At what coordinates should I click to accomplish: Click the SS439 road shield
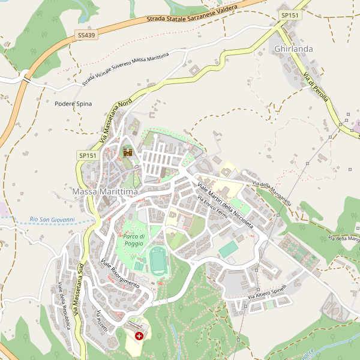[x=86, y=36]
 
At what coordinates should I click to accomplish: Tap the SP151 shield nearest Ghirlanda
[x=290, y=14]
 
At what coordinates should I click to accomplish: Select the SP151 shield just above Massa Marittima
[x=87, y=155]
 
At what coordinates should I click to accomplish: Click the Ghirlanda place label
[x=294, y=48]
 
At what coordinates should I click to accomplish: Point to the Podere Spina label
[x=73, y=104]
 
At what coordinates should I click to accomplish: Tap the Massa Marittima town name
[x=105, y=191]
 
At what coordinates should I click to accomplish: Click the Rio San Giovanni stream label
[x=52, y=220]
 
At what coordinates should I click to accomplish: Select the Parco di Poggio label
[x=134, y=240]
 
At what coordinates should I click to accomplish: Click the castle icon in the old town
[x=127, y=152]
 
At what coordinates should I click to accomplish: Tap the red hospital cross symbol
[x=140, y=337]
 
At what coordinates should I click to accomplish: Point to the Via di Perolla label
[x=316, y=87]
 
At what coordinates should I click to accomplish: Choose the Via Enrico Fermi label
[x=215, y=212]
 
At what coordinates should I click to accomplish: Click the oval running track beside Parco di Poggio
[x=158, y=261]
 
